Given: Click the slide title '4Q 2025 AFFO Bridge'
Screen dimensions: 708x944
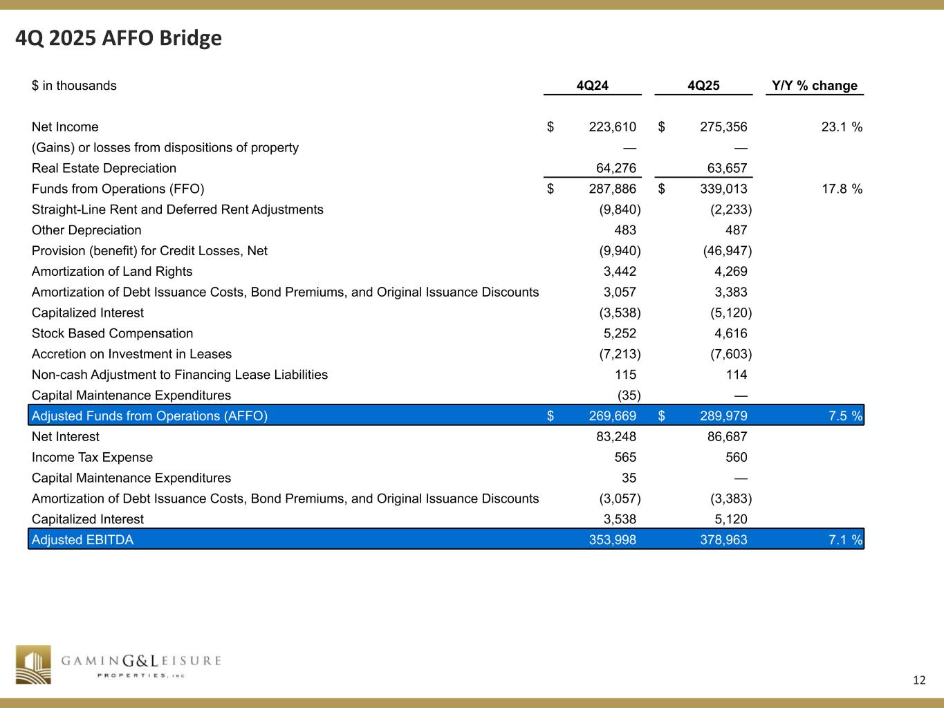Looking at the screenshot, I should (x=119, y=38).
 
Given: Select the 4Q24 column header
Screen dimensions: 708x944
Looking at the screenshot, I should (x=592, y=86).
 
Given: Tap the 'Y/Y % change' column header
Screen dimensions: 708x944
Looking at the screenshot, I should (x=815, y=86).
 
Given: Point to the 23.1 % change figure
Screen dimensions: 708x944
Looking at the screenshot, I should (x=841, y=127).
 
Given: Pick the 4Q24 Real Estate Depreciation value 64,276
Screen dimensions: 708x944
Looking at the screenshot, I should (x=616, y=168).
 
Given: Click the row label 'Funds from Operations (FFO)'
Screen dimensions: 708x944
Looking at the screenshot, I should (x=118, y=189).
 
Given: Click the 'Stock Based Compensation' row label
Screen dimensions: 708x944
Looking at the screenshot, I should (x=113, y=333).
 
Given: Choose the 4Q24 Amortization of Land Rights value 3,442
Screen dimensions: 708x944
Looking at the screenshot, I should (x=620, y=272).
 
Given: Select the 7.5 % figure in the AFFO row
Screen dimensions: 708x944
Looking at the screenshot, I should (x=845, y=416).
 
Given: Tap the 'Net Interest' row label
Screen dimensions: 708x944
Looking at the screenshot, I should (x=66, y=437).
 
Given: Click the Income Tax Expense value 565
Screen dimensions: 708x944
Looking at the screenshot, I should (x=624, y=458).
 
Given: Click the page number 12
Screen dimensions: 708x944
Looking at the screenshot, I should (x=918, y=680).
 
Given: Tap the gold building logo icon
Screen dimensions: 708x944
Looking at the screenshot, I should (x=34, y=664).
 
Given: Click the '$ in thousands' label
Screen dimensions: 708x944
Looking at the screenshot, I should (x=74, y=86).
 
